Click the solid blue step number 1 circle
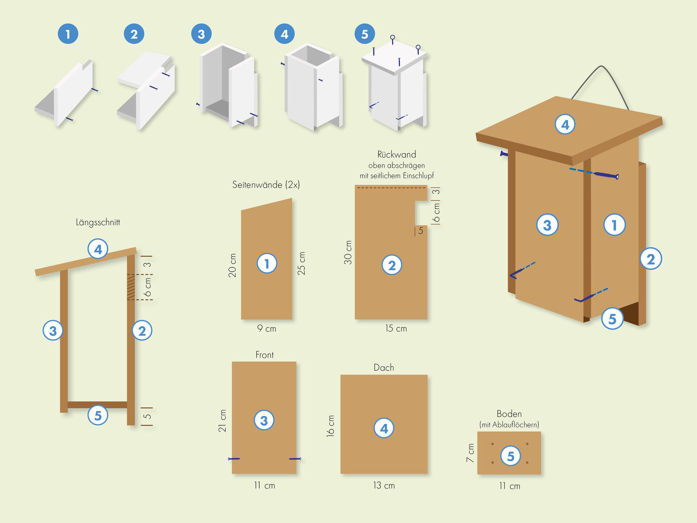pos(68,34)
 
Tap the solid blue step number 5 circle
pos(364,34)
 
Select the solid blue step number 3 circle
pos(201,34)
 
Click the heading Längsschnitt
pos(98,222)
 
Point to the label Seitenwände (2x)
pos(266,185)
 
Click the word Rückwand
pos(396,154)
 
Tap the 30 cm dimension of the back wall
pos(348,252)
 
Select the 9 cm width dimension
pos(267,329)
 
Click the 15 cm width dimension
pos(396,329)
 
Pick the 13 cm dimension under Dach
pos(384,486)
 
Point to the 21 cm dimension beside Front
pos(222,421)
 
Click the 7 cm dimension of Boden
pos(470,453)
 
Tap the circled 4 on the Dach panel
pos(384,428)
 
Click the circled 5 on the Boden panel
pos(510,456)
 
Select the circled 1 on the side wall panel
pos(267,263)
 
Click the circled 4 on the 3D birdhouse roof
pos(565,124)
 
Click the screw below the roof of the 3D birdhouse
pos(606,175)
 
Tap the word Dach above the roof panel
pos(384,368)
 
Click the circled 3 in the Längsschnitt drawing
pos(53,331)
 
